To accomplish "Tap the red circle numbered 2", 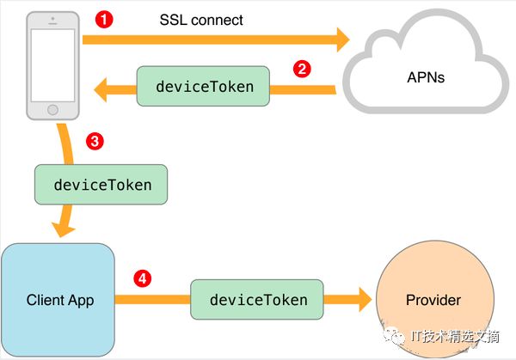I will (301, 70).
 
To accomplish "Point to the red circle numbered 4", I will (143, 278).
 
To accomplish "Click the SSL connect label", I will (202, 19).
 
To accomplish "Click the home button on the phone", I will (52, 111).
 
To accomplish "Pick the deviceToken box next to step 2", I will (202, 88).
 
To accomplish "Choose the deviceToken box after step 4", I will (258, 300).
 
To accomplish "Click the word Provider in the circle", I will (433, 301).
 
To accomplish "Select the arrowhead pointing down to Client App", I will (62, 229).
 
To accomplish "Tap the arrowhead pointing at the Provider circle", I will (361, 300).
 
